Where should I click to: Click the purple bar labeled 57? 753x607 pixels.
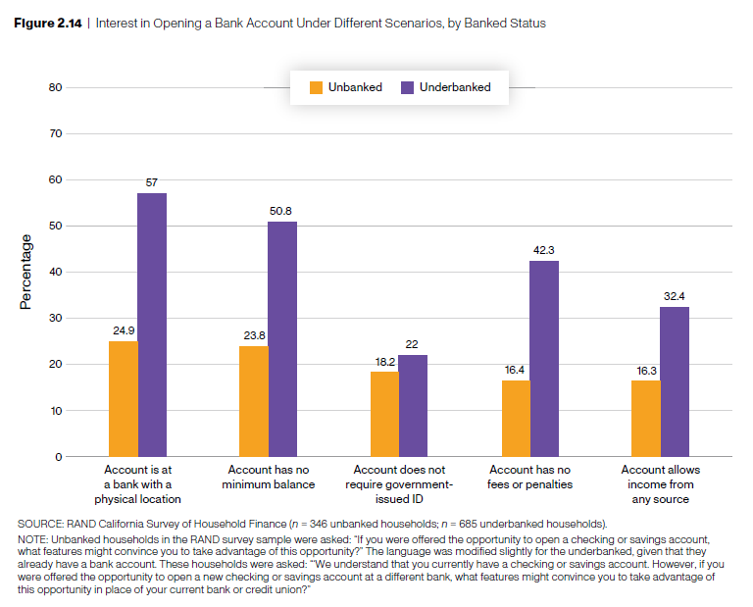click(152, 325)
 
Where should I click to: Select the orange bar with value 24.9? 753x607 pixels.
click(124, 399)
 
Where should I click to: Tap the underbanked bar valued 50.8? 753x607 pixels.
click(282, 339)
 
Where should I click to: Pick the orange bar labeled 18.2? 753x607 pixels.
click(384, 414)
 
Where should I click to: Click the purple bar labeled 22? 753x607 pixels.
click(413, 406)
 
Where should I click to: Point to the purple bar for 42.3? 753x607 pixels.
click(544, 359)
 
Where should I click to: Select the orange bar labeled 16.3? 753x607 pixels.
click(646, 419)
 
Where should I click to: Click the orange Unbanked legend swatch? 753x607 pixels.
click(316, 87)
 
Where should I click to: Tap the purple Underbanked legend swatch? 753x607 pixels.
click(407, 87)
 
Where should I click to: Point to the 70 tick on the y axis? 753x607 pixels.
click(56, 133)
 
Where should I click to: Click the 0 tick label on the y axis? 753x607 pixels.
click(59, 457)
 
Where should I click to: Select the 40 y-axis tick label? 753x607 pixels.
click(56, 272)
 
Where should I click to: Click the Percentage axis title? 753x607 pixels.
click(25, 272)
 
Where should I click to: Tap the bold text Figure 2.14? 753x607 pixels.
click(48, 24)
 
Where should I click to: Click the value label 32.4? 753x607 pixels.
click(675, 296)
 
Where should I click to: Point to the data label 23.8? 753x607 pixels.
click(254, 335)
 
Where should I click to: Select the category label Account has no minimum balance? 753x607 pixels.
click(269, 477)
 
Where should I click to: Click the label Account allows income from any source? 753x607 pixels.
click(660, 484)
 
